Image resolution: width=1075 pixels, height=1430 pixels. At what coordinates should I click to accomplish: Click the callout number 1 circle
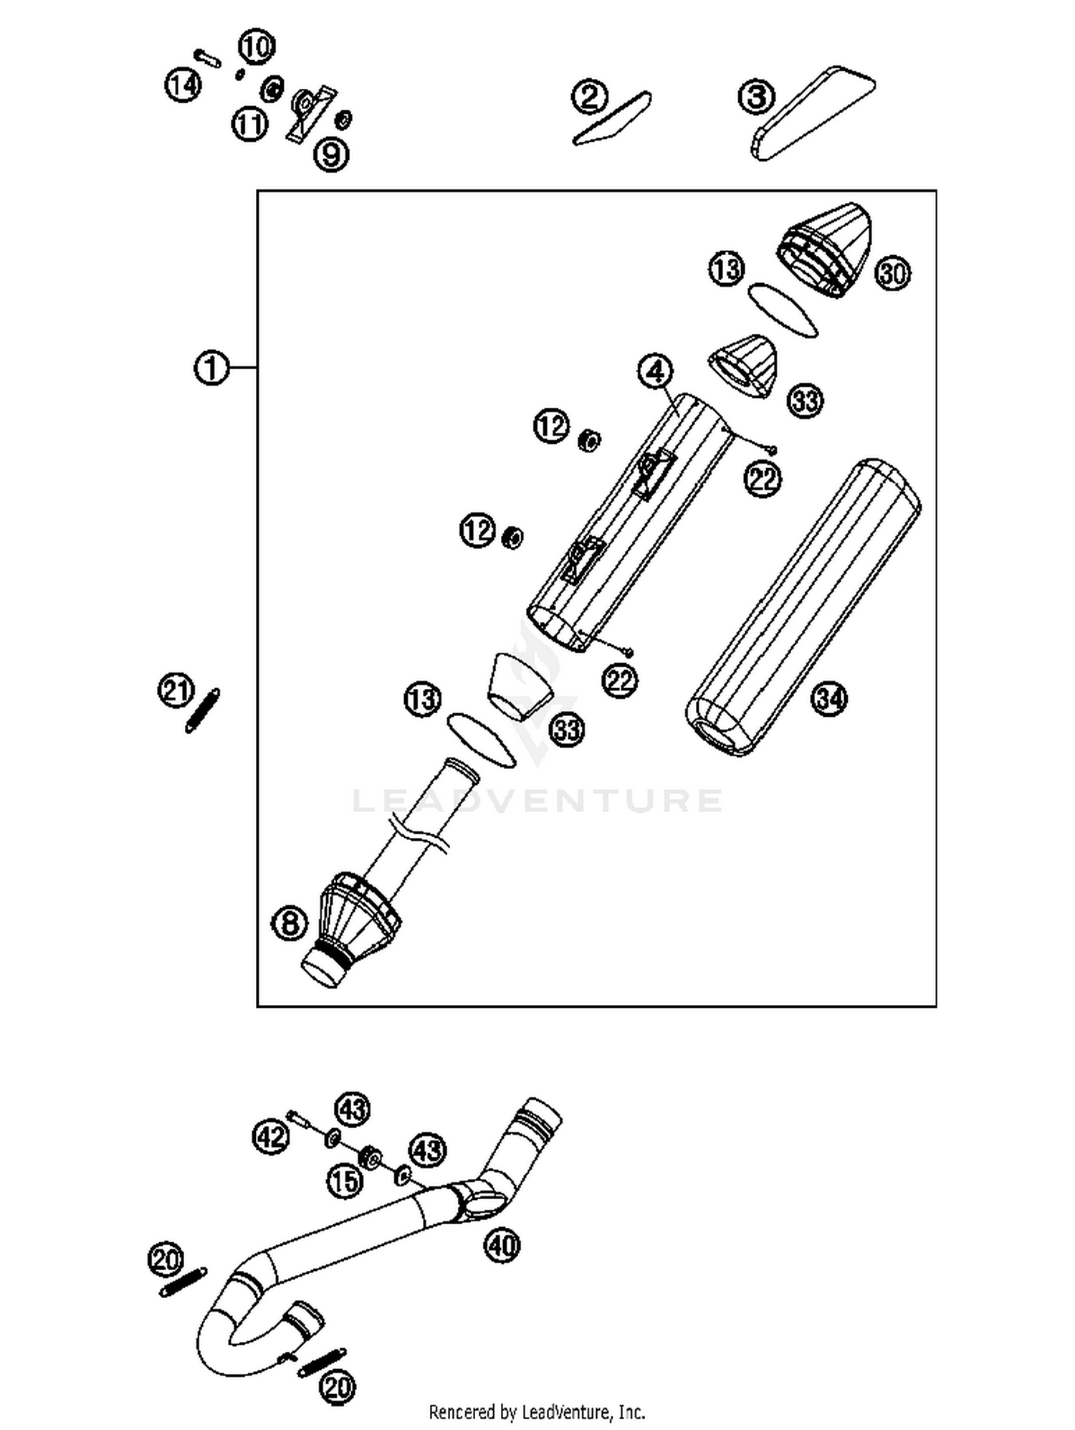[211, 368]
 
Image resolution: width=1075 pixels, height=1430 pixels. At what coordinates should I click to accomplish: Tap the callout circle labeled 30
[892, 274]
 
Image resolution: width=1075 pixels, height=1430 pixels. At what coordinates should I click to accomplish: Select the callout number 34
[829, 698]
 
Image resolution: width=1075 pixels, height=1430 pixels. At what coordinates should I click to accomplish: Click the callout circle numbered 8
[290, 923]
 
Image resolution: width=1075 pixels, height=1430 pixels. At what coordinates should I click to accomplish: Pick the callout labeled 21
[176, 692]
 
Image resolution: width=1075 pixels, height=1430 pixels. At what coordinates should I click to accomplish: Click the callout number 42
[271, 1136]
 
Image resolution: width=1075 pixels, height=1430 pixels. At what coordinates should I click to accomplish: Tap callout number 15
[345, 1181]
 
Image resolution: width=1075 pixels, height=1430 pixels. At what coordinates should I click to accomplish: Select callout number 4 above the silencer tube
[655, 371]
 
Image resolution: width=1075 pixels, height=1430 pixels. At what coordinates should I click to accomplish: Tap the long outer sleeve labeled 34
[803, 609]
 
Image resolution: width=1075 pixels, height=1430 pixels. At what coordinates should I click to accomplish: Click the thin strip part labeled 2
[611, 120]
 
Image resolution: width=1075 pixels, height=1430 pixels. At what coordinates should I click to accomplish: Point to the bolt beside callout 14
[206, 57]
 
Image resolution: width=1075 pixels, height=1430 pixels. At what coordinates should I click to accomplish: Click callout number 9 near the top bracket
[331, 153]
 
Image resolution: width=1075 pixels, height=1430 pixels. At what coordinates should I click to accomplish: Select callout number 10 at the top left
[256, 47]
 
